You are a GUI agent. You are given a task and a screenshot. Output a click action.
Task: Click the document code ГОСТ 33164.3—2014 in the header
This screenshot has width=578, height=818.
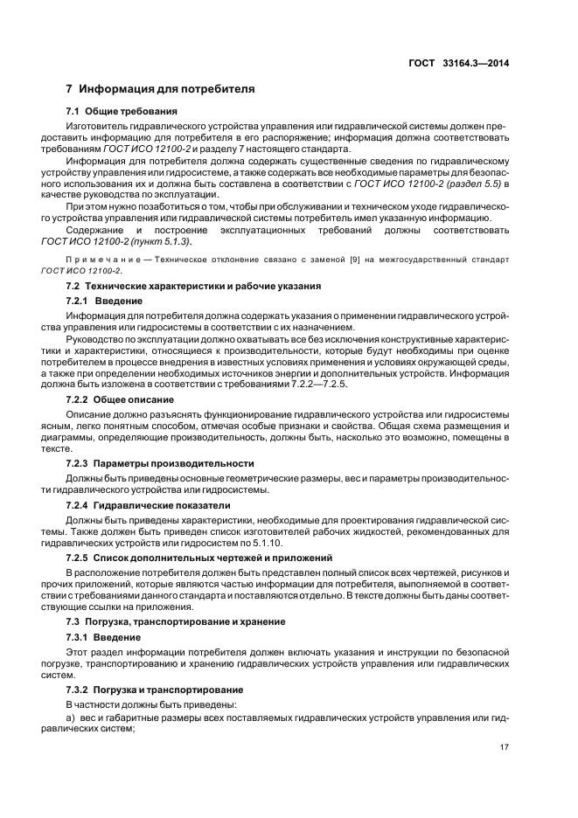pos(459,63)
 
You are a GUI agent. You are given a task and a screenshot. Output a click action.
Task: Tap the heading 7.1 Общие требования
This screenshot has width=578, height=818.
pos(122,111)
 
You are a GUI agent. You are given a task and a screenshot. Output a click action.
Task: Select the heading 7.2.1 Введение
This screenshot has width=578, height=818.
pos(109,301)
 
